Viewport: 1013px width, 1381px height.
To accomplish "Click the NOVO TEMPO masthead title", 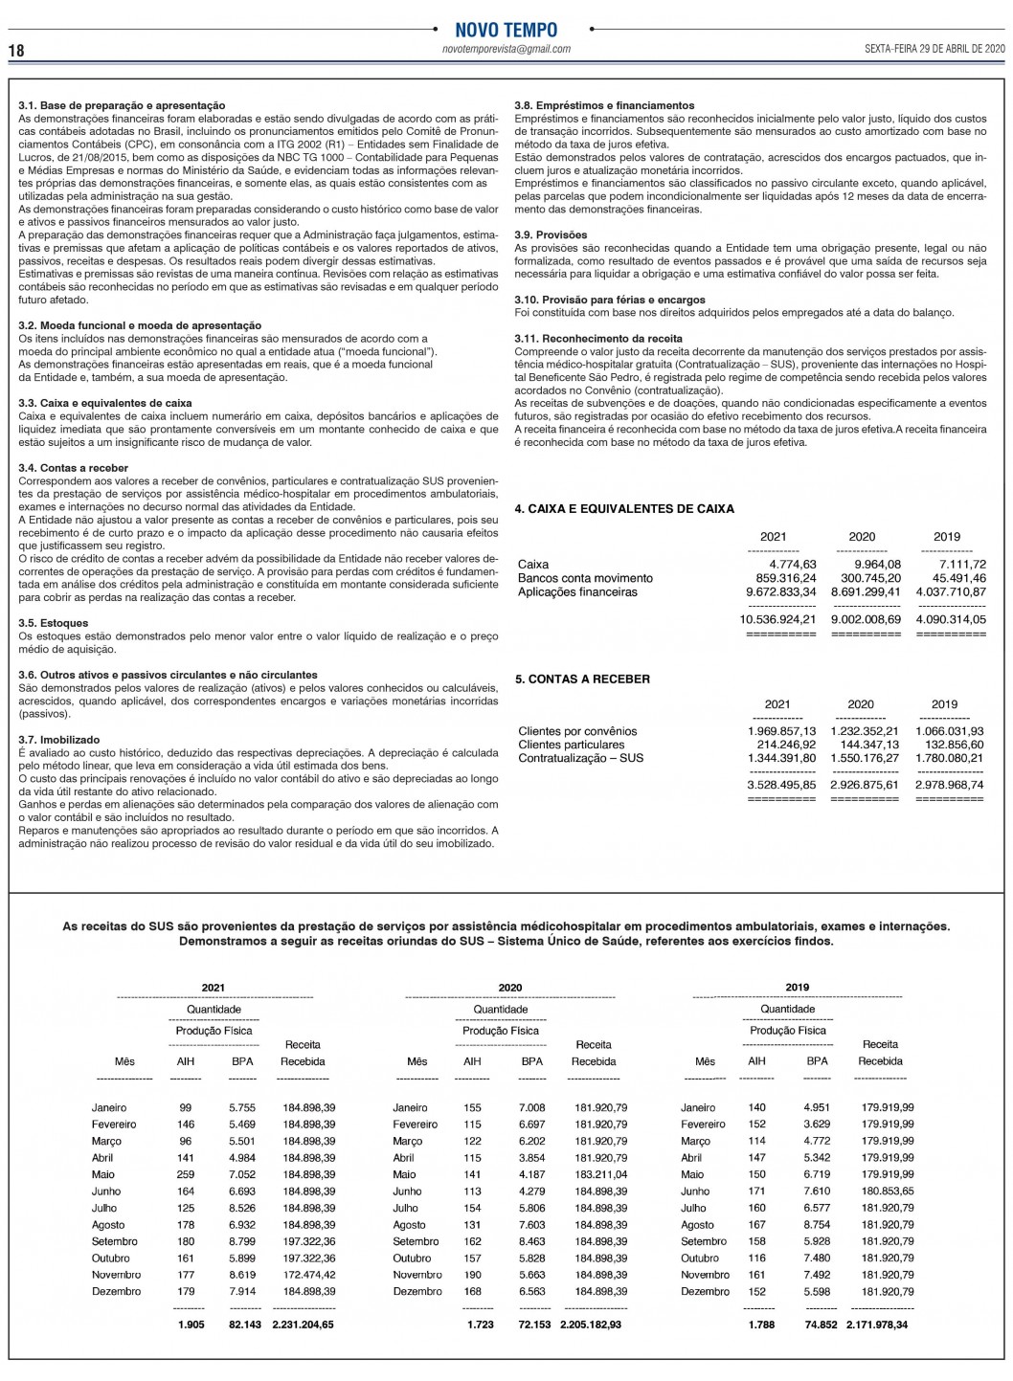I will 506,30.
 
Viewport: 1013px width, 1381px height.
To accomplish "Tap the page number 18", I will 16,50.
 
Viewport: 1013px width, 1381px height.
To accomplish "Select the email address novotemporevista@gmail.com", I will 506,49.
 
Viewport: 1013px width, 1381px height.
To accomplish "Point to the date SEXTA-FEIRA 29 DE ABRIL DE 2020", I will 934,49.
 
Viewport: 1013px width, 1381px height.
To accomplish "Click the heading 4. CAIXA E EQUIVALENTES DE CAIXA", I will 624,509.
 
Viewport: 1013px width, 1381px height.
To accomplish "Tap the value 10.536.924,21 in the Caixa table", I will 777,619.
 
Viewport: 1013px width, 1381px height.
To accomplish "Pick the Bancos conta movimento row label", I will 585,578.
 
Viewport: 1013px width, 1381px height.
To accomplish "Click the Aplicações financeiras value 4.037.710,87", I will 950,592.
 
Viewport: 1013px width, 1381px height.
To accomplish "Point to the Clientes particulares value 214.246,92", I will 786,745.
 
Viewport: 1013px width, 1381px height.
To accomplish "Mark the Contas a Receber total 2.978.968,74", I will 949,785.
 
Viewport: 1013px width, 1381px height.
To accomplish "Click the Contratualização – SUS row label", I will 580,758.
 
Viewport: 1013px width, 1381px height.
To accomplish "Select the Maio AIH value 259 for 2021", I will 186,1174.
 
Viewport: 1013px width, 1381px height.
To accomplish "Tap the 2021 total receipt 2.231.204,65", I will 304,1325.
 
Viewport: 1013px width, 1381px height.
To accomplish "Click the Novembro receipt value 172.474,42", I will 308,1275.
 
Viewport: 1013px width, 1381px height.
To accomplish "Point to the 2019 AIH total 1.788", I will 761,1325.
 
